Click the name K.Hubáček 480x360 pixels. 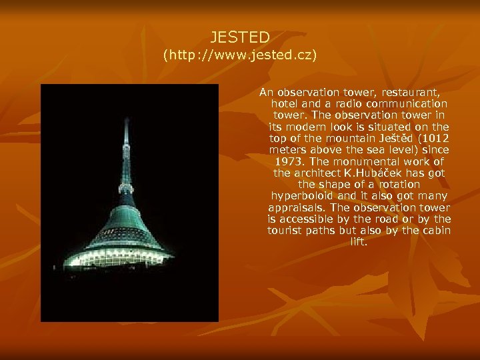[379, 173]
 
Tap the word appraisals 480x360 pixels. [297, 207]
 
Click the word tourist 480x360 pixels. [286, 231]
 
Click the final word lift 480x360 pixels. [359, 242]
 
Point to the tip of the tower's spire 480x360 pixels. [126, 118]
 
